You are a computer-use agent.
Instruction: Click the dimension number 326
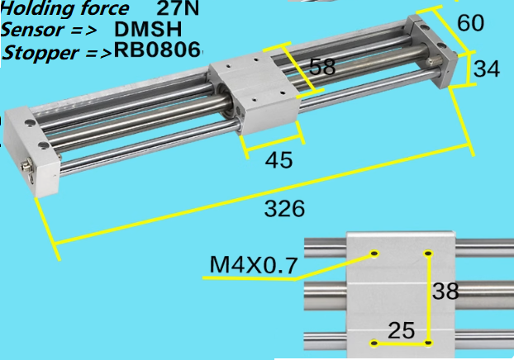pos(284,209)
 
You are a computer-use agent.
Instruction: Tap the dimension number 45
pos(278,160)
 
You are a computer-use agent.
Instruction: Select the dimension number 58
pos(322,67)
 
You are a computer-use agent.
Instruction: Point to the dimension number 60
pos(470,22)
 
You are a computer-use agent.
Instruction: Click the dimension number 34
pos(487,69)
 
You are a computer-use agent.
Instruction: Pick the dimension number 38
pos(445,291)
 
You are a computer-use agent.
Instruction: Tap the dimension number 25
pos(402,330)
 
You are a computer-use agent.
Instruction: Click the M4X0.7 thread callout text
pos(254,265)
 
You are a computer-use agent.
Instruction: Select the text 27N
pos(178,8)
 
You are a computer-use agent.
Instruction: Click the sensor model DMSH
pos(148,30)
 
